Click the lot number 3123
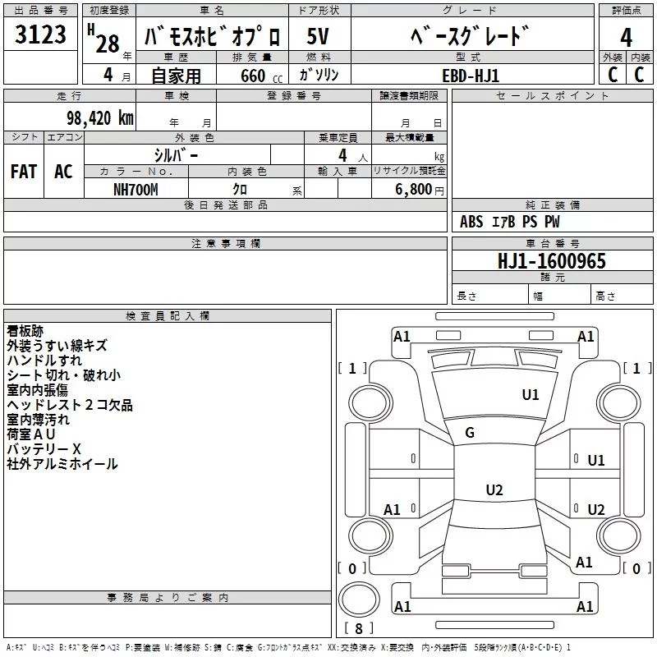[40, 36]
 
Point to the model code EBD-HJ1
[471, 74]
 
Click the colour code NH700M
[136, 189]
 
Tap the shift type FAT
[24, 172]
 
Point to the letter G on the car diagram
[470, 433]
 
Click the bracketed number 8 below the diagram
[358, 629]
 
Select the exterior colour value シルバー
[176, 154]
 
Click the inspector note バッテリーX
[44, 449]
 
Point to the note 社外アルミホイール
[62, 464]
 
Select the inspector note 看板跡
[25, 331]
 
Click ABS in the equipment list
[471, 222]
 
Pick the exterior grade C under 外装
[612, 74]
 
